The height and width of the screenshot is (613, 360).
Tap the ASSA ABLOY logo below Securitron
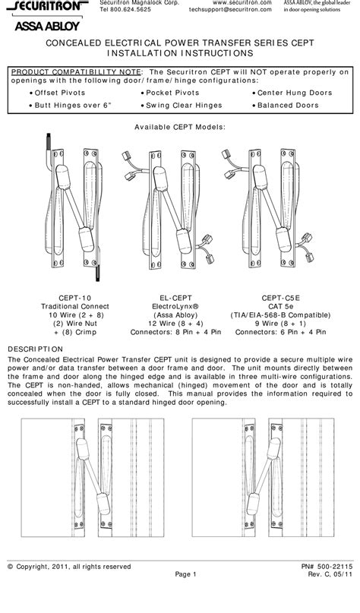coord(39,25)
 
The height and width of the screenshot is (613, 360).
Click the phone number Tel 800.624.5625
coord(126,11)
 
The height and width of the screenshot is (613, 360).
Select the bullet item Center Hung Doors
coord(283,91)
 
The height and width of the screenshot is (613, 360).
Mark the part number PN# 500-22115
coord(324,588)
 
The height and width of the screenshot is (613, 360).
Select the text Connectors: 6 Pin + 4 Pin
coord(280,332)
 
